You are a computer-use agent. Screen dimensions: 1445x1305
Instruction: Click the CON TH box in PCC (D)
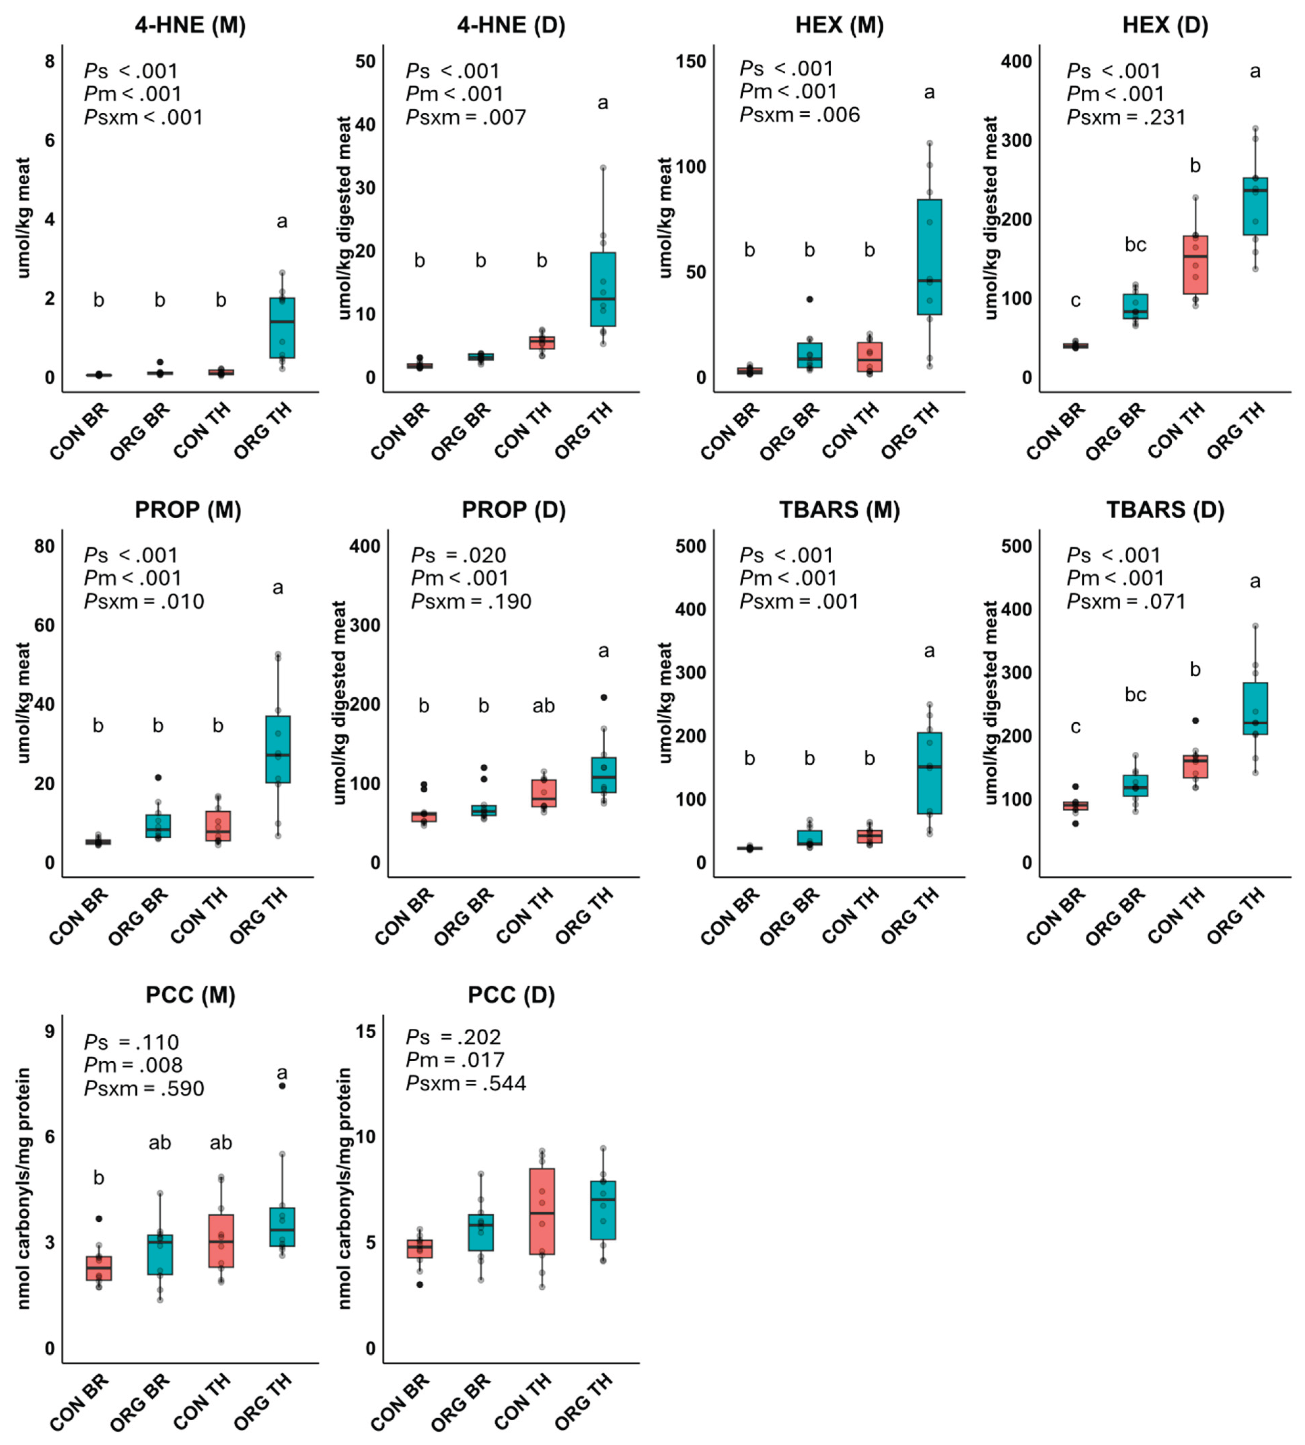pyautogui.click(x=542, y=1211)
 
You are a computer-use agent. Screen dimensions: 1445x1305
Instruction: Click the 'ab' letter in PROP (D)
pyautogui.click(x=543, y=706)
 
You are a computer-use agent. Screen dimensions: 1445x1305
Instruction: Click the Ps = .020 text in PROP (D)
pyautogui.click(x=459, y=556)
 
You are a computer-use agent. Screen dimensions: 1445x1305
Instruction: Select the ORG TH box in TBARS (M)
pyautogui.click(x=929, y=773)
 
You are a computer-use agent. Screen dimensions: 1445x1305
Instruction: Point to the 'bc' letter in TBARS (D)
pyautogui.click(x=1135, y=695)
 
